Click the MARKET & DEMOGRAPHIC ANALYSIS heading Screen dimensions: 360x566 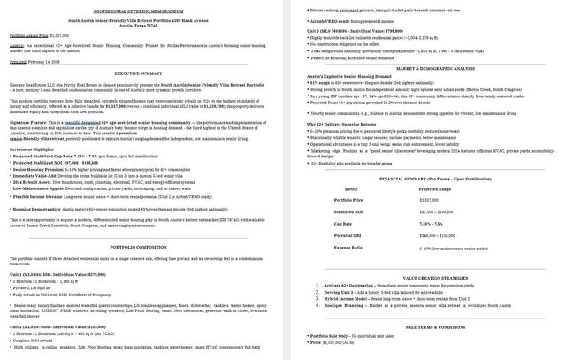tap(423, 68)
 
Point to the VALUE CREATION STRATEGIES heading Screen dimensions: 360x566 tap(423, 277)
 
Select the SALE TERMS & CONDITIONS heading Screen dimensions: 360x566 tap(423, 326)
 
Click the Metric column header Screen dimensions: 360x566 tap(351, 189)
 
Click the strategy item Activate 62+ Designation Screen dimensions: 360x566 tap(352, 286)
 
